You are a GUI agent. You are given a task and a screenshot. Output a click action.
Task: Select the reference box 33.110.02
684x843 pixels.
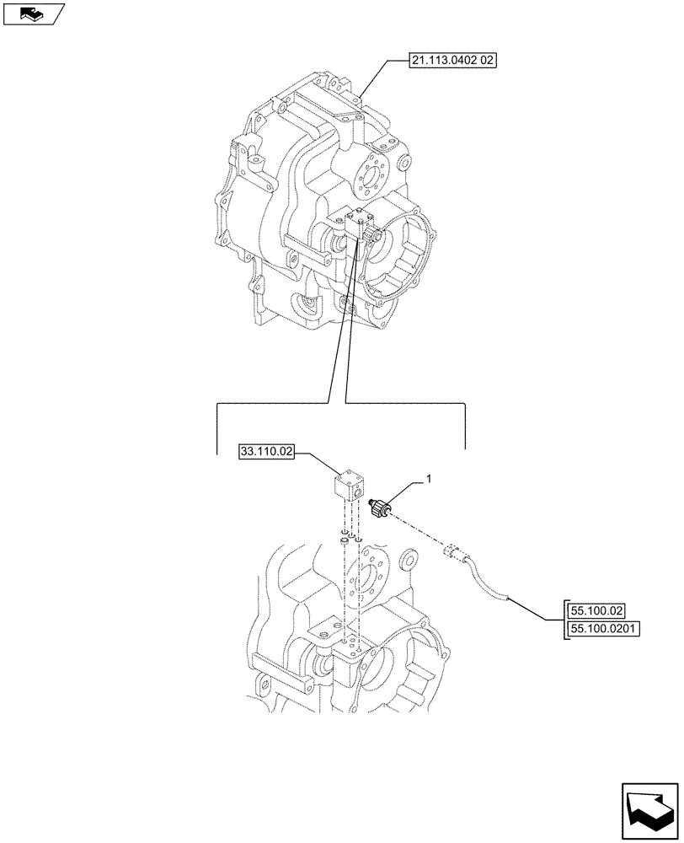267,453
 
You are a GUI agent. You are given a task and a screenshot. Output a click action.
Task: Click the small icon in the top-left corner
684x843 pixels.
34,13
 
